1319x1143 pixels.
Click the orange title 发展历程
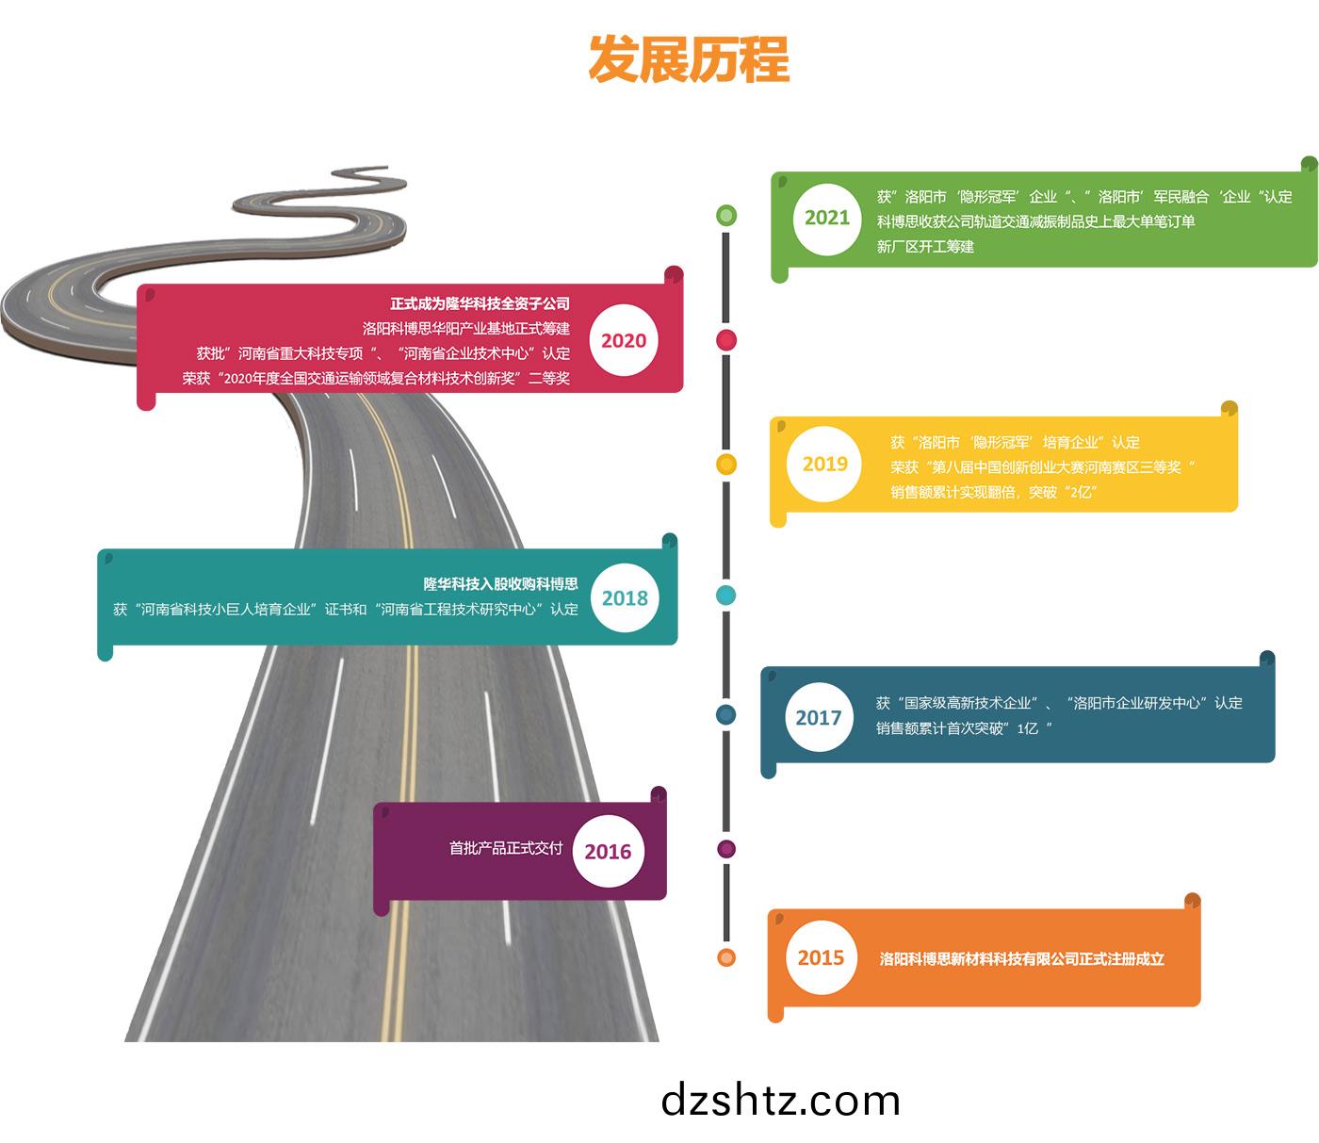(689, 59)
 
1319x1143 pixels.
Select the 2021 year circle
(827, 219)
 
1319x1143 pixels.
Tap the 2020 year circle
(624, 340)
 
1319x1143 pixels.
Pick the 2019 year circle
(824, 464)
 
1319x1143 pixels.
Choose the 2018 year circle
(625, 598)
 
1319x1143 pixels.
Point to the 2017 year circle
(819, 717)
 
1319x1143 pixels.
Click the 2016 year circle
(608, 851)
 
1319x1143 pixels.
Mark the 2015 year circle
(821, 957)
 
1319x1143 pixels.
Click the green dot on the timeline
(726, 215)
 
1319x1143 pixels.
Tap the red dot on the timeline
(726, 340)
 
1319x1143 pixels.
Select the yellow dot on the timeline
(726, 464)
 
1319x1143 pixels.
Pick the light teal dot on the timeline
(726, 595)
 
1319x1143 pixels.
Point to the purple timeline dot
(726, 849)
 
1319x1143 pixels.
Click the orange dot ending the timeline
(726, 957)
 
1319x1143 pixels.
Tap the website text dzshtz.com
(780, 1100)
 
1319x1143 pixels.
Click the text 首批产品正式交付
(506, 848)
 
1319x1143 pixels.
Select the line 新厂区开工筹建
(925, 246)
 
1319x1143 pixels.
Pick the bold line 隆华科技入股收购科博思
(501, 584)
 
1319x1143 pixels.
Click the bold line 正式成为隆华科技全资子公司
(480, 303)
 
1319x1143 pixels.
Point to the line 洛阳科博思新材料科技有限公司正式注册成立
(1021, 958)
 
